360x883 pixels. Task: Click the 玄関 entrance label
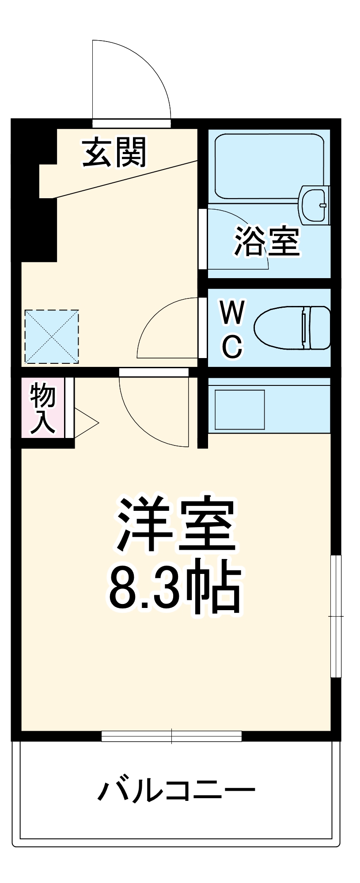(114, 152)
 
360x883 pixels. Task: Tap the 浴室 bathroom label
(267, 241)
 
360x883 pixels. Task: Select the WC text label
(232, 329)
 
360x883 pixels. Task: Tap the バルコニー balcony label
(176, 790)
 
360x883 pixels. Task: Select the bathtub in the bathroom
(269, 166)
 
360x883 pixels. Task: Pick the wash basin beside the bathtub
(315, 204)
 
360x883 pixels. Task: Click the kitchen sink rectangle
(239, 409)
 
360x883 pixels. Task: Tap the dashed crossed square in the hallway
(51, 336)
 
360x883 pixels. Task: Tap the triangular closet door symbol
(86, 423)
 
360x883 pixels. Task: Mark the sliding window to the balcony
(171, 736)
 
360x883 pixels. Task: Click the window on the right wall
(336, 615)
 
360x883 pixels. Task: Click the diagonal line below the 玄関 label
(124, 179)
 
